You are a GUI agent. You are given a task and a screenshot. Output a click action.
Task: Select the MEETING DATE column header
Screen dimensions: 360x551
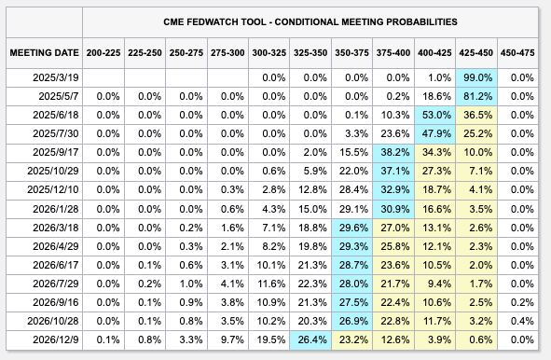[x=44, y=52]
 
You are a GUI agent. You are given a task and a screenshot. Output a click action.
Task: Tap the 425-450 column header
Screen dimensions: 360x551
[x=476, y=52]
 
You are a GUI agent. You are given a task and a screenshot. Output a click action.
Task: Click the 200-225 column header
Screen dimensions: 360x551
[x=103, y=52]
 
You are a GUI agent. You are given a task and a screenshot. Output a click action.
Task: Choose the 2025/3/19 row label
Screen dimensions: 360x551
[x=56, y=78]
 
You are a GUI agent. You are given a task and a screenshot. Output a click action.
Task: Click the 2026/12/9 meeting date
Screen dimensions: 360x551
[x=56, y=340]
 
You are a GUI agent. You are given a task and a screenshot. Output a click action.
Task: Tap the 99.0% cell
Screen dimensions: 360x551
[x=476, y=78]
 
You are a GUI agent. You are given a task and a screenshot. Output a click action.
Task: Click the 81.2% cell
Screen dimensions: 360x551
[x=476, y=96]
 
